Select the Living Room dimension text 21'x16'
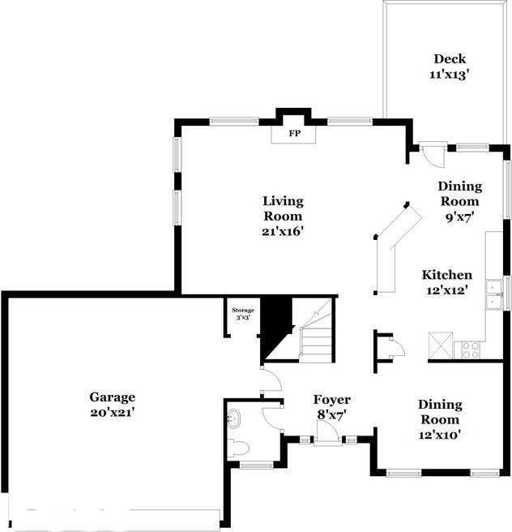click(283, 231)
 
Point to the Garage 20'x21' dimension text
click(112, 412)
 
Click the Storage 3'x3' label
click(243, 314)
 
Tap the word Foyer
click(332, 400)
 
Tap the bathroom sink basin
click(235, 418)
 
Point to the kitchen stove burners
click(470, 350)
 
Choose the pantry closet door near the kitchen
click(395, 348)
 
